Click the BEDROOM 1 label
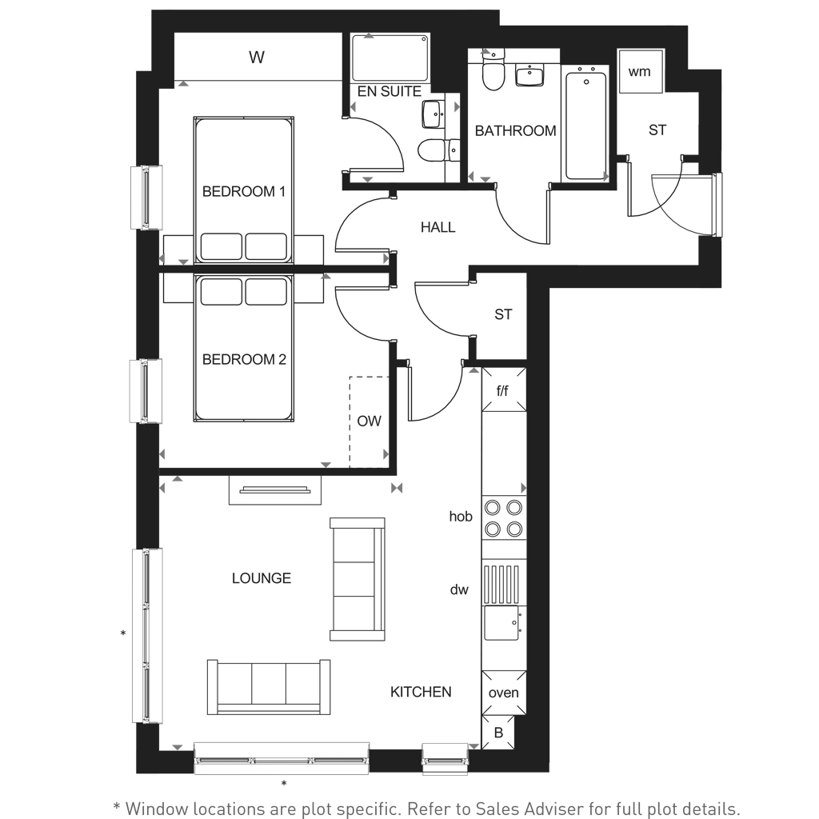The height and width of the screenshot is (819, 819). pos(244,192)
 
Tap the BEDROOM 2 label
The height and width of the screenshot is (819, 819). pos(244,360)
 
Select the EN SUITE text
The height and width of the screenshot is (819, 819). pos(389,92)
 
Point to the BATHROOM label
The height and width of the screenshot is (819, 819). pos(515,131)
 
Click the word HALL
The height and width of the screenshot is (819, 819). pos(437,228)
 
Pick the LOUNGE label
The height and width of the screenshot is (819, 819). pos(261,578)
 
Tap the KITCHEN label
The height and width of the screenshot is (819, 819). pos(421,692)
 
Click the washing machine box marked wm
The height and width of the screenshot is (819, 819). pos(640,72)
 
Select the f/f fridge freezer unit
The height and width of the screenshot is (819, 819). pos(503,390)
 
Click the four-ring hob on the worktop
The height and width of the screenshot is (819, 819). pos(504,517)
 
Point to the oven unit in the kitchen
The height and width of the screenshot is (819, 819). pos(504,693)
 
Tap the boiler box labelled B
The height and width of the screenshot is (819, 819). pos(498,733)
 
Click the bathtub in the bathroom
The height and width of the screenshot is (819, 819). pos(586,126)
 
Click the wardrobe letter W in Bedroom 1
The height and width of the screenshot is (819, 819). pos(256,58)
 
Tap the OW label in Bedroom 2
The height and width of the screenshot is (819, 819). pos(369,421)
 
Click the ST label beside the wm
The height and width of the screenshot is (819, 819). pos(657,130)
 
